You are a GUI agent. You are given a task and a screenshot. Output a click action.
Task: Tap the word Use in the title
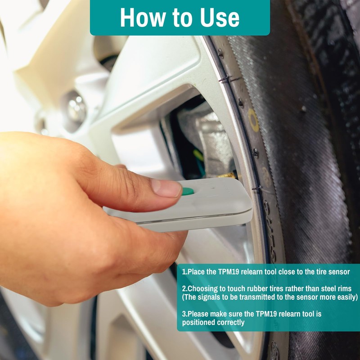click(220, 18)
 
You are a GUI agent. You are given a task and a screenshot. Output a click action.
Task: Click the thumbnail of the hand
click(166, 188)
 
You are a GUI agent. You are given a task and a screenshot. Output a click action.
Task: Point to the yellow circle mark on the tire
click(253, 120)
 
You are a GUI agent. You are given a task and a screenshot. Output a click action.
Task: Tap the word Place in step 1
click(197, 272)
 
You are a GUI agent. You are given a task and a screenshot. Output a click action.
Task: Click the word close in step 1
click(287, 272)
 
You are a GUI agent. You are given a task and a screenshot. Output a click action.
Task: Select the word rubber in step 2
click(250, 288)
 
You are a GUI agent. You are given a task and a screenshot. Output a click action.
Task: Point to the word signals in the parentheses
click(209, 297)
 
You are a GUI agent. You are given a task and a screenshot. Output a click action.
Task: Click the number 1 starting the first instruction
click(184, 272)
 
